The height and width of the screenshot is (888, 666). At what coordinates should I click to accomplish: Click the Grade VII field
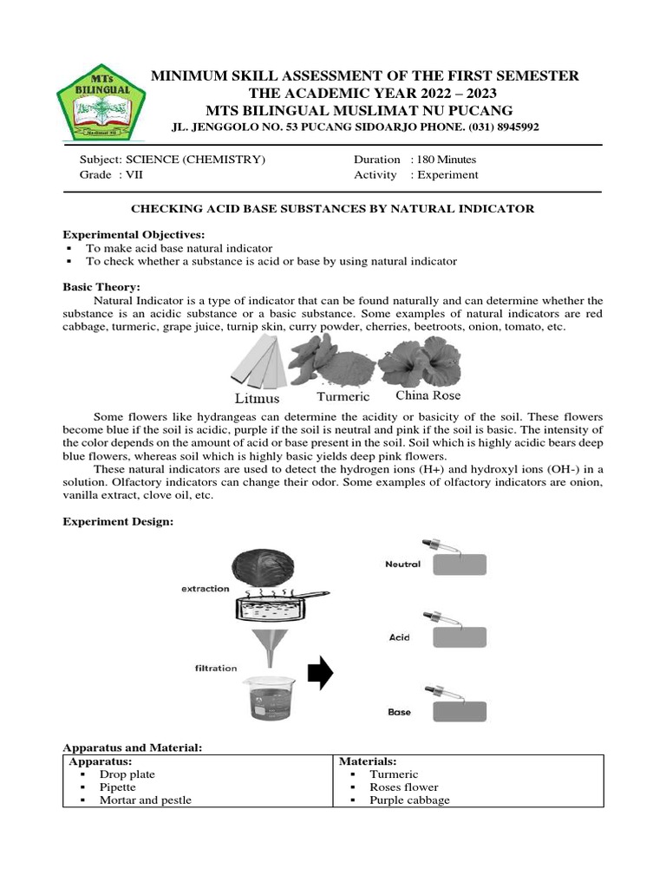pos(111,174)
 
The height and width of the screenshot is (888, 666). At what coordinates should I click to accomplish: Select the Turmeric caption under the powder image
pos(343,397)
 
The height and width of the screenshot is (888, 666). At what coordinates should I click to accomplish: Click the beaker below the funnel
pos(265,697)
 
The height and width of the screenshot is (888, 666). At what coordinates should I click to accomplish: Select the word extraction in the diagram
pos(205,589)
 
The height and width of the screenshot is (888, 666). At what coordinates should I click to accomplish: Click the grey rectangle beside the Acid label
pos(460,638)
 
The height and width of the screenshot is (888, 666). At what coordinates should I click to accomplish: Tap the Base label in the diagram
pos(399,712)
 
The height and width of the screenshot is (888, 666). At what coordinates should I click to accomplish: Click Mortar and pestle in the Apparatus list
pos(145,800)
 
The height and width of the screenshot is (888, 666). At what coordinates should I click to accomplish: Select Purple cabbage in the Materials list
pos(409,800)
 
